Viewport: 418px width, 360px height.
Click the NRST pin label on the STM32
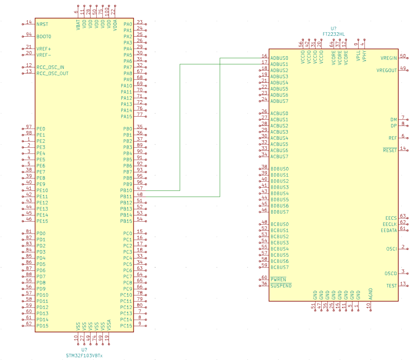(x=42, y=24)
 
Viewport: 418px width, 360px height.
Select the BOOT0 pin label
(x=44, y=37)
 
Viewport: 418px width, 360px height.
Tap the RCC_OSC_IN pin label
(x=50, y=67)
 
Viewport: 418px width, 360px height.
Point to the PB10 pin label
(x=127, y=190)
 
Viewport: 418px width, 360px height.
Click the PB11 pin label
(x=127, y=196)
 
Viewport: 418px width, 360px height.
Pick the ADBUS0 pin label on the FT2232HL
(x=279, y=58)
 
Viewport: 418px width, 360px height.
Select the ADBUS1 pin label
(x=279, y=64)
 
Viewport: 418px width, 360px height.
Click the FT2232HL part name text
(x=334, y=33)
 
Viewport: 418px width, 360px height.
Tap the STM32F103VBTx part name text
(x=84, y=356)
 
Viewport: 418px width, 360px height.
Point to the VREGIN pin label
(x=388, y=58)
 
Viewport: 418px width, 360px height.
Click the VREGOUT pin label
(x=387, y=70)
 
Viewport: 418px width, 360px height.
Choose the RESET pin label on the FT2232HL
(x=390, y=150)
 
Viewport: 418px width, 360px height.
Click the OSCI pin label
(x=391, y=249)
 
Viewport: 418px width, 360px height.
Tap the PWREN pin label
(x=278, y=280)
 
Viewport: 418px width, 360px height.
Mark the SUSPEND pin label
(x=281, y=286)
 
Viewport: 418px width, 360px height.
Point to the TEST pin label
(x=391, y=286)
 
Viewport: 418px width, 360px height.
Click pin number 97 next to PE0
(x=29, y=127)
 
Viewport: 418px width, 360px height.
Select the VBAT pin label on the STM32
(x=78, y=24)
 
